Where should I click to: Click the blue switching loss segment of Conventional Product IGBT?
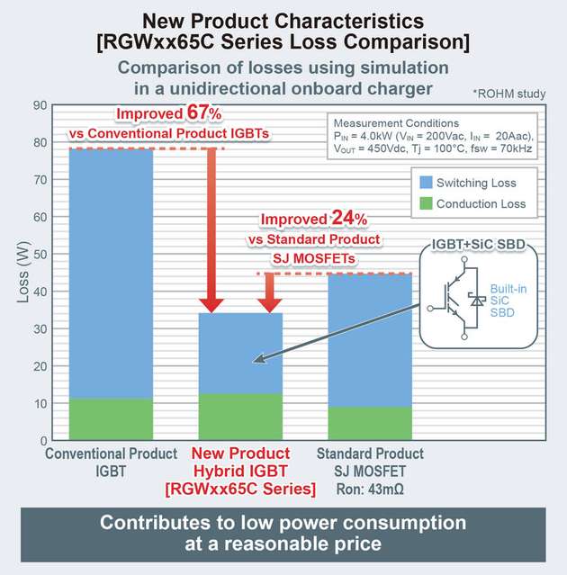click(x=111, y=270)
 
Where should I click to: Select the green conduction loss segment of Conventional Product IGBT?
click(x=111, y=419)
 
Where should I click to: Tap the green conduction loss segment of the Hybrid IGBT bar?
click(x=239, y=417)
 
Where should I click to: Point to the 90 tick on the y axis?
click(x=40, y=105)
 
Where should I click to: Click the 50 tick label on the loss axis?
click(x=40, y=255)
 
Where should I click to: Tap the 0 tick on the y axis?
click(x=43, y=441)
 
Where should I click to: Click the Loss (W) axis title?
click(x=19, y=273)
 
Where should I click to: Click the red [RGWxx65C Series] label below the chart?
click(x=239, y=489)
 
